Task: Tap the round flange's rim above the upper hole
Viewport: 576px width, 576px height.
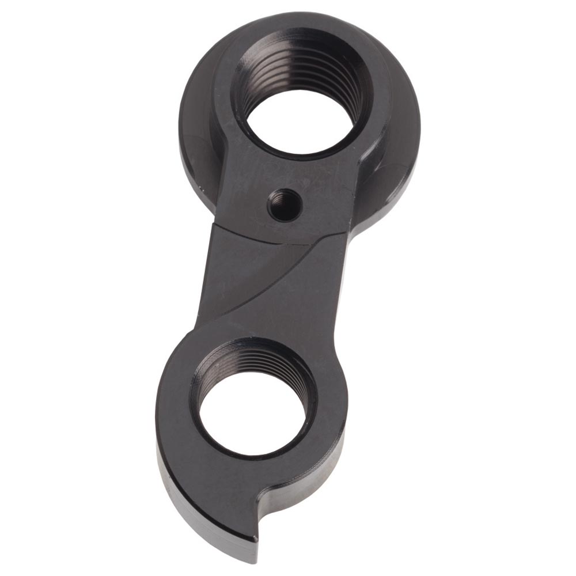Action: coord(300,26)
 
